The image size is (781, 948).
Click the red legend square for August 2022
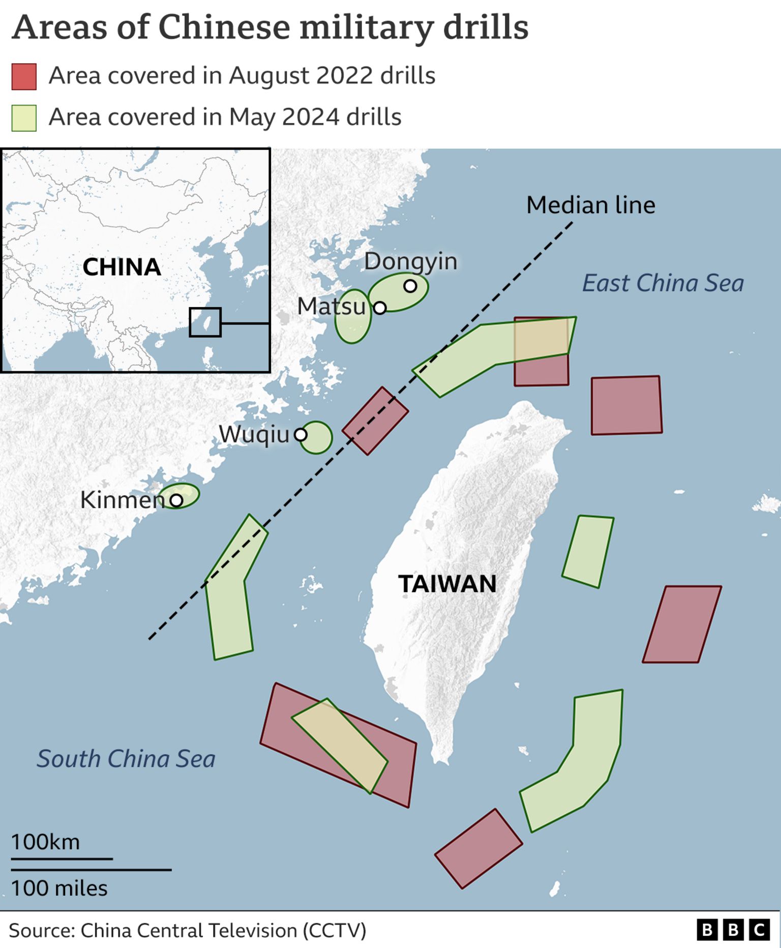[24, 77]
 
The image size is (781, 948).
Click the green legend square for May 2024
[24, 118]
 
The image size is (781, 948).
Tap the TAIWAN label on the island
[447, 584]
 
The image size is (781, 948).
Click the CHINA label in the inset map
[122, 268]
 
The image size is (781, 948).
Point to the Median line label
[590, 205]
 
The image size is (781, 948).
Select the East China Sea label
[663, 283]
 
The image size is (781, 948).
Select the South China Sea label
[126, 759]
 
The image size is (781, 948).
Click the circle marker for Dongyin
[410, 286]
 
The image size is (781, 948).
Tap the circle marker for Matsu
[380, 308]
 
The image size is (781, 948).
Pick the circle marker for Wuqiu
[301, 435]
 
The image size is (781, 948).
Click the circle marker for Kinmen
[176, 500]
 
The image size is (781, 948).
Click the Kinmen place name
[122, 500]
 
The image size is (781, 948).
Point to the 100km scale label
[46, 842]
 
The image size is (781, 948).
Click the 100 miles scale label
[59, 888]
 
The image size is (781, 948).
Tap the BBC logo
[733, 930]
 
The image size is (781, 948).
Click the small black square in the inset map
[205, 322]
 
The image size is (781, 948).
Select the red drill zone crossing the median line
[375, 421]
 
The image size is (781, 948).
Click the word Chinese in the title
[225, 27]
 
